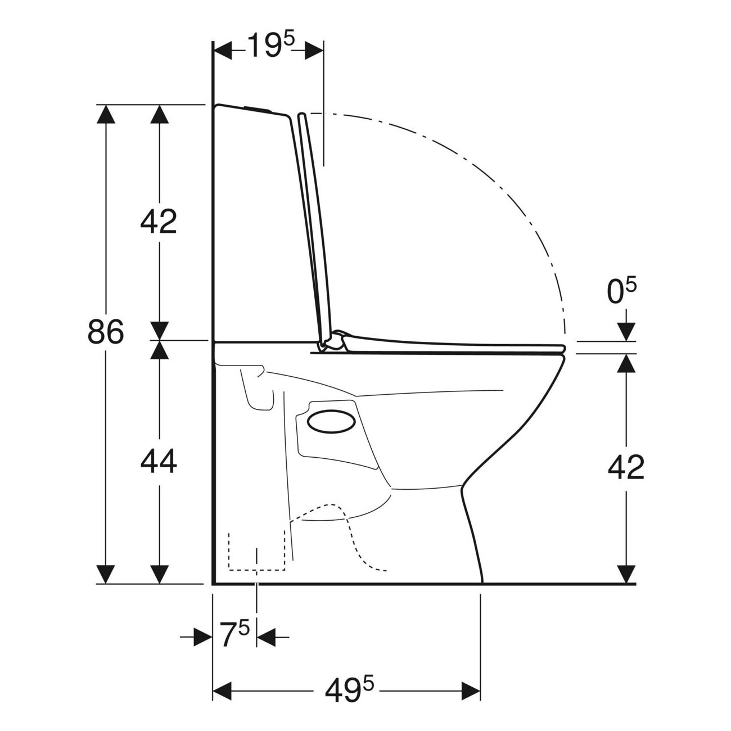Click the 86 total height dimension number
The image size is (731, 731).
point(106,331)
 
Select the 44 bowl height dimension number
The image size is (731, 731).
point(159,461)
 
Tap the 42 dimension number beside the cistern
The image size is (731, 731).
point(159,222)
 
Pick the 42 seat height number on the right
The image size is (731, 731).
point(626,467)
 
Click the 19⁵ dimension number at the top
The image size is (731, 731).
point(271,45)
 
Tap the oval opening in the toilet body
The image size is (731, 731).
point(332,421)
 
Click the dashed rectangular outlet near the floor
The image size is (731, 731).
point(257,557)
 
